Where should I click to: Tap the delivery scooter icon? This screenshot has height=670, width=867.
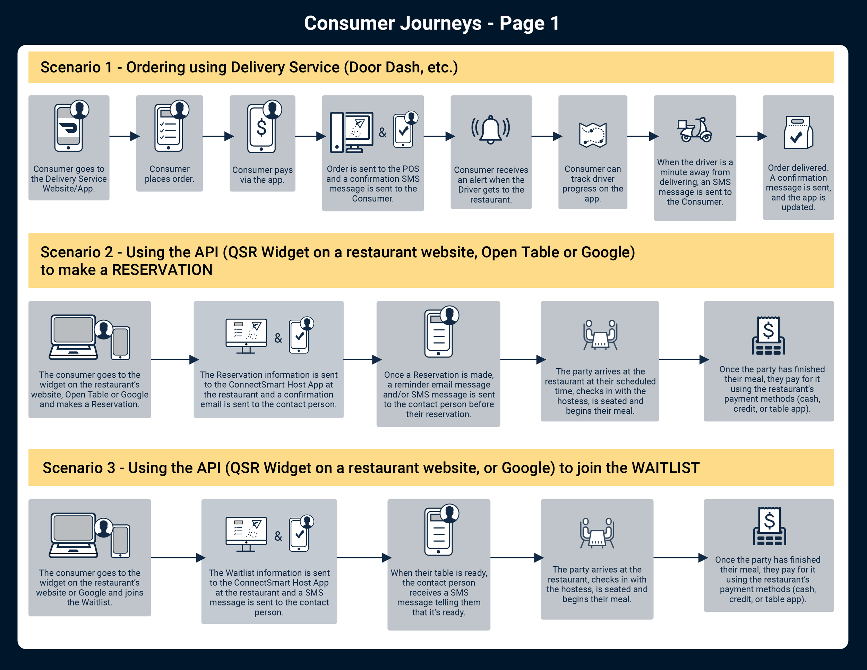[695, 130]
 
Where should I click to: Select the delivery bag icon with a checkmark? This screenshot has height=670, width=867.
[798, 132]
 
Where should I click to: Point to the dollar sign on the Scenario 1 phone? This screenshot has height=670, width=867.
[261, 128]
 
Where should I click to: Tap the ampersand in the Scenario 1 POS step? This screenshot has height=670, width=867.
[382, 132]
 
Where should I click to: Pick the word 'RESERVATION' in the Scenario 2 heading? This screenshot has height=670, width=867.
[162, 270]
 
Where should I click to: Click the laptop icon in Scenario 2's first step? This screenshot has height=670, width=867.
[74, 337]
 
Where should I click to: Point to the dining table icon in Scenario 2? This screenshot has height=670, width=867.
[600, 335]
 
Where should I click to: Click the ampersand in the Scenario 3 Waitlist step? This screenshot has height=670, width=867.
[278, 536]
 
